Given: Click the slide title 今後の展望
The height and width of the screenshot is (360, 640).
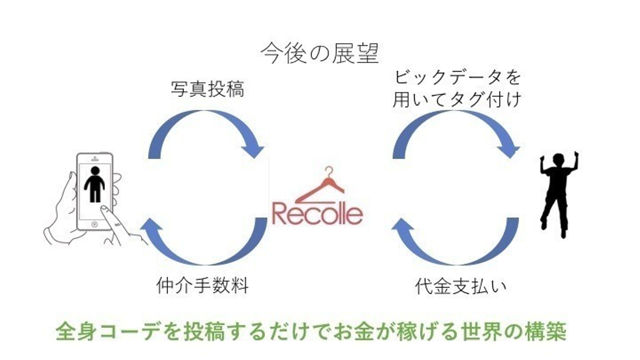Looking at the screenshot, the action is click(x=320, y=53).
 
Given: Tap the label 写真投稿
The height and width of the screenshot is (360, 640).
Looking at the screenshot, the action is click(x=208, y=89).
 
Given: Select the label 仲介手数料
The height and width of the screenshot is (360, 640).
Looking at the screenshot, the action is click(x=202, y=285).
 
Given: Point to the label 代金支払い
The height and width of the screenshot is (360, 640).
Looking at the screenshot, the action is click(x=460, y=286).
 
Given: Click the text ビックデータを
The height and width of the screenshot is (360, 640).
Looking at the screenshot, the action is click(x=458, y=77).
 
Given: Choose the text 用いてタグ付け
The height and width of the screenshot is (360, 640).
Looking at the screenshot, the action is click(x=457, y=100).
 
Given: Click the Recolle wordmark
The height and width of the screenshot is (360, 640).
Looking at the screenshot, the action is click(x=317, y=214).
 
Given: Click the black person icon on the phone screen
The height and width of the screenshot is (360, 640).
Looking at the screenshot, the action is click(x=95, y=184).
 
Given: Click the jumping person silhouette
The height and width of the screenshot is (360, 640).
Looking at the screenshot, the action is click(x=558, y=195).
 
